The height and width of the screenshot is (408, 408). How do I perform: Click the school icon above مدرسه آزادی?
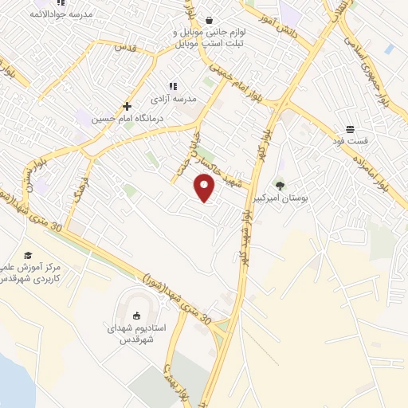pos(171,86)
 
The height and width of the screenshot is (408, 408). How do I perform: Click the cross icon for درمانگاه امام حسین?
pos(127,106)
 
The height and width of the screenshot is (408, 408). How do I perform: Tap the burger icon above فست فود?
pos(351,129)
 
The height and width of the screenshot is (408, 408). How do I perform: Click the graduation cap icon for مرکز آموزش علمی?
pos(29,255)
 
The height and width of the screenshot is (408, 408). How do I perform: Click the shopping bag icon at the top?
pos(209,21)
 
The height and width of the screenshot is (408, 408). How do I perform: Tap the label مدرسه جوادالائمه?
pos(61,14)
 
